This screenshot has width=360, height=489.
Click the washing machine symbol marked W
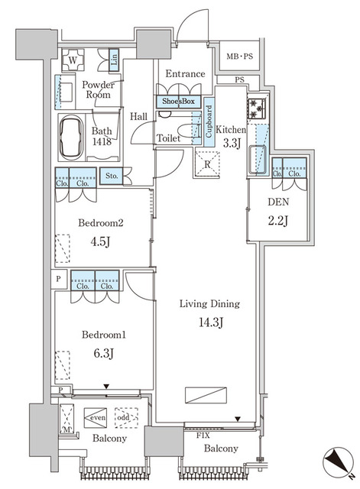click(x=73, y=60)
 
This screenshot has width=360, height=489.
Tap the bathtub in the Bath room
click(x=71, y=138)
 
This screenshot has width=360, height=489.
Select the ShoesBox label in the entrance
click(x=178, y=101)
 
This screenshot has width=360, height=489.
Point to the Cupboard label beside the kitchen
click(x=209, y=121)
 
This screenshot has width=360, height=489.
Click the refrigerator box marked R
click(x=207, y=164)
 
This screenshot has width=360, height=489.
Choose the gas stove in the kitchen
click(x=257, y=108)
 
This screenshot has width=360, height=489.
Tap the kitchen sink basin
click(x=258, y=159)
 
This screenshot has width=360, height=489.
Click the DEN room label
click(x=278, y=202)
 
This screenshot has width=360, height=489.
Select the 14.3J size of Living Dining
click(x=210, y=322)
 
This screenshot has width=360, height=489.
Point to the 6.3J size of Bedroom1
click(x=104, y=353)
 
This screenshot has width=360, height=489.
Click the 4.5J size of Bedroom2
click(x=100, y=241)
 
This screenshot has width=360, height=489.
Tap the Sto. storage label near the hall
click(x=112, y=176)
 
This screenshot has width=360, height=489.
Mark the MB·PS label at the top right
click(x=239, y=57)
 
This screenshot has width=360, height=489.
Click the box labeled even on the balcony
click(x=95, y=418)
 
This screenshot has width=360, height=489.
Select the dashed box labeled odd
click(x=126, y=418)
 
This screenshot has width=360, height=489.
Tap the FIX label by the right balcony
click(x=203, y=436)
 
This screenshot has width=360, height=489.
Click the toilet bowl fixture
click(x=188, y=131)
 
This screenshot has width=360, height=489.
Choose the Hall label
click(x=138, y=117)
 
